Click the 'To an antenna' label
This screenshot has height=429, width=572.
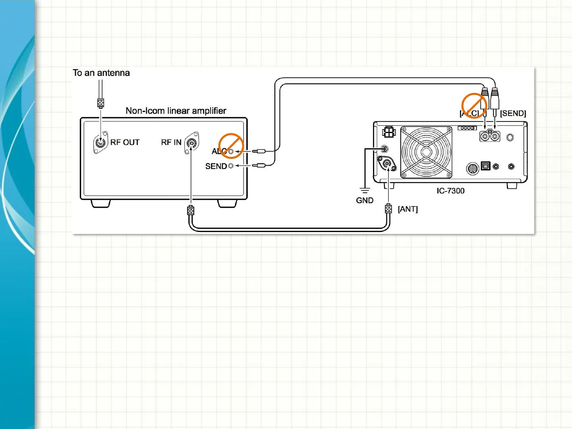pyautogui.click(x=101, y=73)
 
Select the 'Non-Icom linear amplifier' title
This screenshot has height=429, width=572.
pyautogui.click(x=176, y=111)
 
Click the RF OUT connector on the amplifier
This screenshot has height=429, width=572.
pyautogui.click(x=100, y=142)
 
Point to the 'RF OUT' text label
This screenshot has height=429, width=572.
pyautogui.click(x=125, y=142)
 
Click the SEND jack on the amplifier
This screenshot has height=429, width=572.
pyautogui.click(x=231, y=166)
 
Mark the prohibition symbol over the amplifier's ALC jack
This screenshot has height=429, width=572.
pyautogui.click(x=231, y=146)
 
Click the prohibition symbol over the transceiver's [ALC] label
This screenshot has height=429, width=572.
pyautogui.click(x=473, y=106)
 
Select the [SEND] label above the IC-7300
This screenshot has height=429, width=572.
pyautogui.click(x=513, y=114)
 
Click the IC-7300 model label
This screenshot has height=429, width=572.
pyautogui.click(x=450, y=191)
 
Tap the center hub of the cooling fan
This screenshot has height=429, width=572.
pyautogui.click(x=426, y=152)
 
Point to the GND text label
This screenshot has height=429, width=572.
pyautogui.click(x=365, y=200)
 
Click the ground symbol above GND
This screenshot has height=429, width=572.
pyautogui.click(x=364, y=190)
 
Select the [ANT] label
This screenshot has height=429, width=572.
pyautogui.click(x=408, y=209)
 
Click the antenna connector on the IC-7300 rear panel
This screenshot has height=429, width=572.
pyautogui.click(x=386, y=163)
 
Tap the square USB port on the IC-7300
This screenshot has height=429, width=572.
pyautogui.click(x=485, y=166)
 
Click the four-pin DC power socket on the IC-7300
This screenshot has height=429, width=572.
pyautogui.click(x=389, y=132)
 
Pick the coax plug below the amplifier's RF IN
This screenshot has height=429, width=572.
pyautogui.click(x=191, y=210)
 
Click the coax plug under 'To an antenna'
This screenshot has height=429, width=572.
pyautogui.click(x=100, y=103)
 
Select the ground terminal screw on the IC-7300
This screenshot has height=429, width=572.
pyautogui.click(x=384, y=149)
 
